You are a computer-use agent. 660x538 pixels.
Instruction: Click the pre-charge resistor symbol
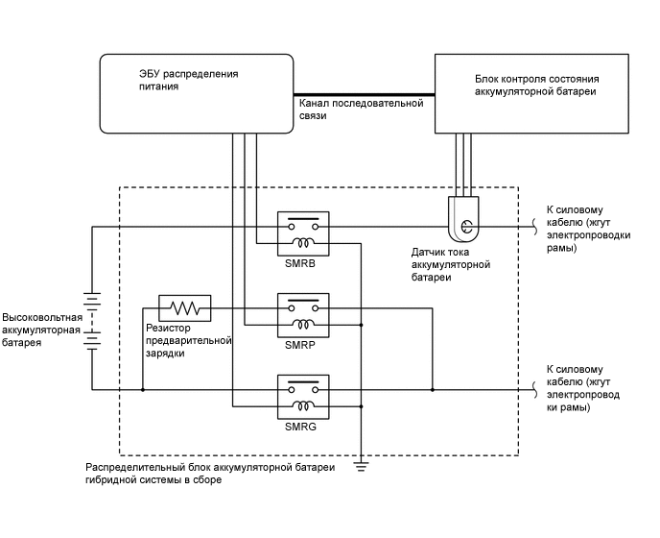click(x=183, y=308)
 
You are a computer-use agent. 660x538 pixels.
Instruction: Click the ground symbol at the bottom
click(x=361, y=466)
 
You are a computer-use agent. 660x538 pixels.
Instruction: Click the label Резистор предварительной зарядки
click(x=189, y=340)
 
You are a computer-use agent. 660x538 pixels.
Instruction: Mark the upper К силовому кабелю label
click(x=576, y=229)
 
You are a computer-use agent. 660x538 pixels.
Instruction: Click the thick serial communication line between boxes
click(x=364, y=93)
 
